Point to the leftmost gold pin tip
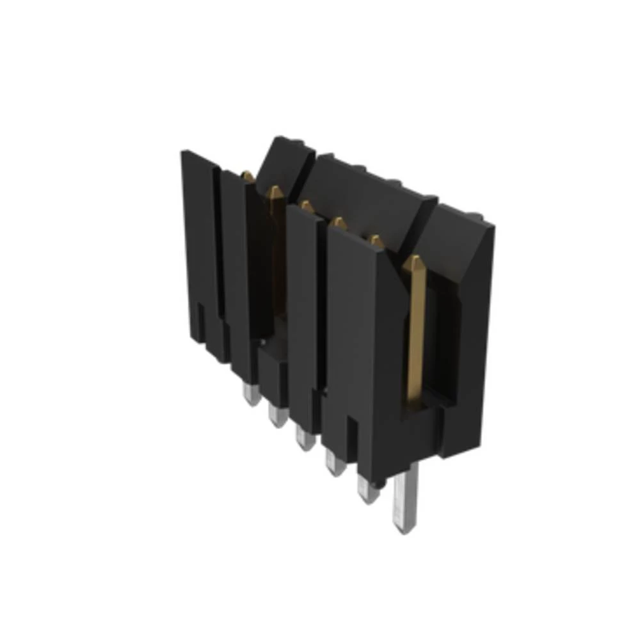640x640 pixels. click(x=247, y=175)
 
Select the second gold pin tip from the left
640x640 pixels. click(x=274, y=191)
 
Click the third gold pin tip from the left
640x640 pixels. click(x=307, y=206)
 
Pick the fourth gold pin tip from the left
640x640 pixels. click(x=339, y=223)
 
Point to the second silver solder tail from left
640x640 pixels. click(x=276, y=416)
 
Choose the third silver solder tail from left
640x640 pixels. click(x=304, y=438)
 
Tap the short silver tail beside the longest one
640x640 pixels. click(x=367, y=490)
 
